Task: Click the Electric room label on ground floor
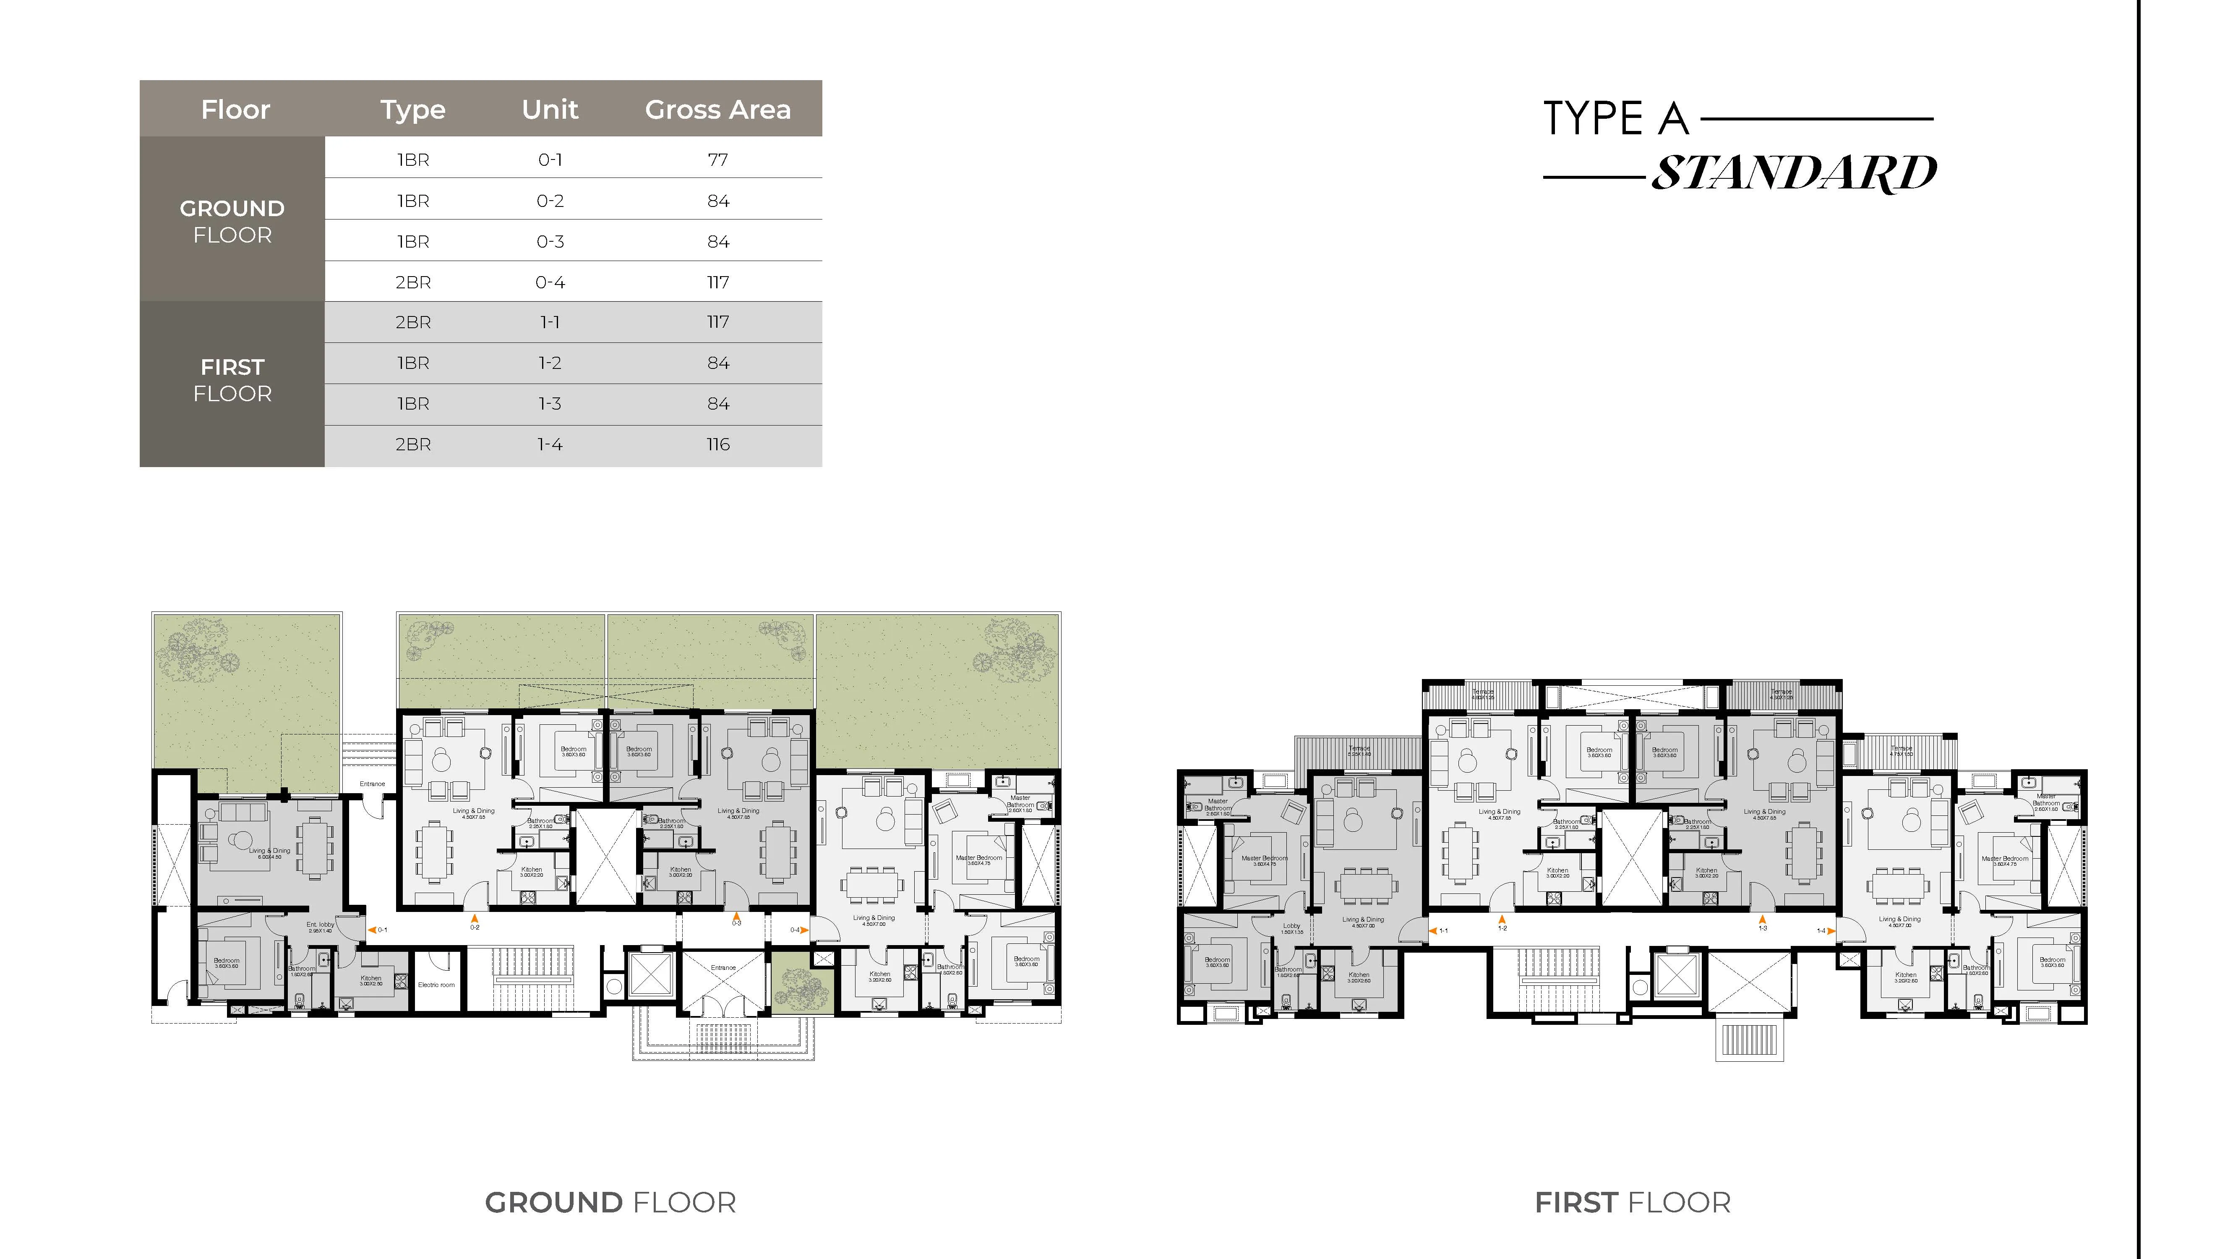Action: coord(436,985)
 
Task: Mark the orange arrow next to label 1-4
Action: coord(1831,930)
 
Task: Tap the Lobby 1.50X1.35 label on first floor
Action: coord(1292,928)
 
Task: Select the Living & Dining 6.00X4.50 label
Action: coord(269,853)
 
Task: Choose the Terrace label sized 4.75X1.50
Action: coord(1902,751)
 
